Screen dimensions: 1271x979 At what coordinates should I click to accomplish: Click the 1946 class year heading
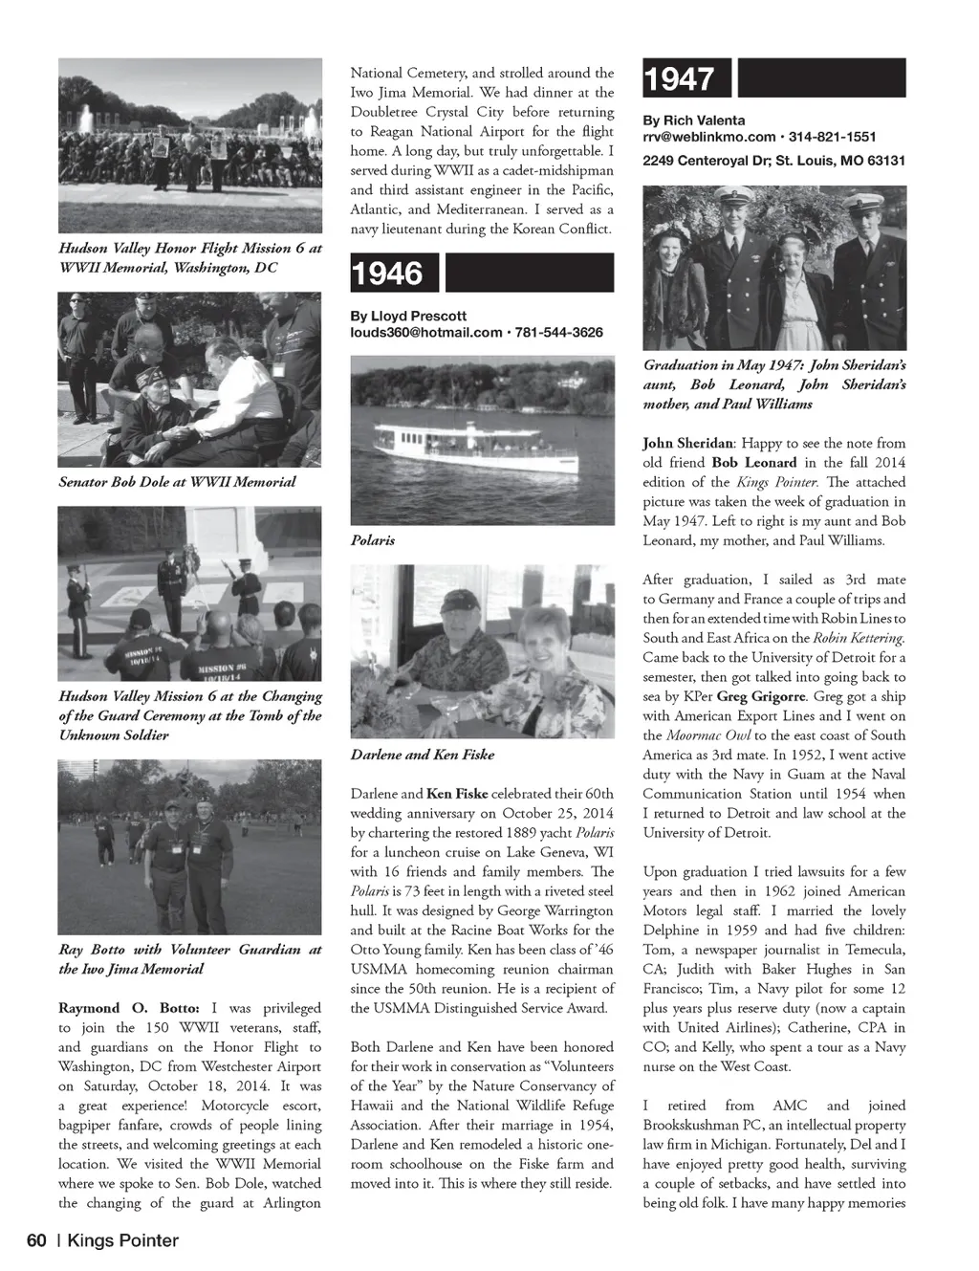coord(386,274)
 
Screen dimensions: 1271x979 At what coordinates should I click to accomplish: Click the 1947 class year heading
coord(679,78)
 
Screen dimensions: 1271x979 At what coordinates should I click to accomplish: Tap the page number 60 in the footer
coord(36,1240)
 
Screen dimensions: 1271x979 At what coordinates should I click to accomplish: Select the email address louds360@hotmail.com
coord(425,333)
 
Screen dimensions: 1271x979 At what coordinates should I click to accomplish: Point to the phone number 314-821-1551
coord(832,137)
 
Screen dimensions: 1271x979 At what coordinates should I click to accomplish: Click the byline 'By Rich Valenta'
coord(693,121)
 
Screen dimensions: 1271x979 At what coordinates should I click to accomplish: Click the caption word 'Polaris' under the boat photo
coord(373,540)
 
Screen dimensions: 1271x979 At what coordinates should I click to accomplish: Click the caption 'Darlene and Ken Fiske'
coord(422,755)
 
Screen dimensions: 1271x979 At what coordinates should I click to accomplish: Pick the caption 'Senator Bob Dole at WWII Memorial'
coord(177,482)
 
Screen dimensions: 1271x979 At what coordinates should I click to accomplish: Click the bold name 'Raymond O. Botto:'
coord(129,1008)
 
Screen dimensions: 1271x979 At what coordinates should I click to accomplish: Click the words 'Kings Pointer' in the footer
coord(122,1240)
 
